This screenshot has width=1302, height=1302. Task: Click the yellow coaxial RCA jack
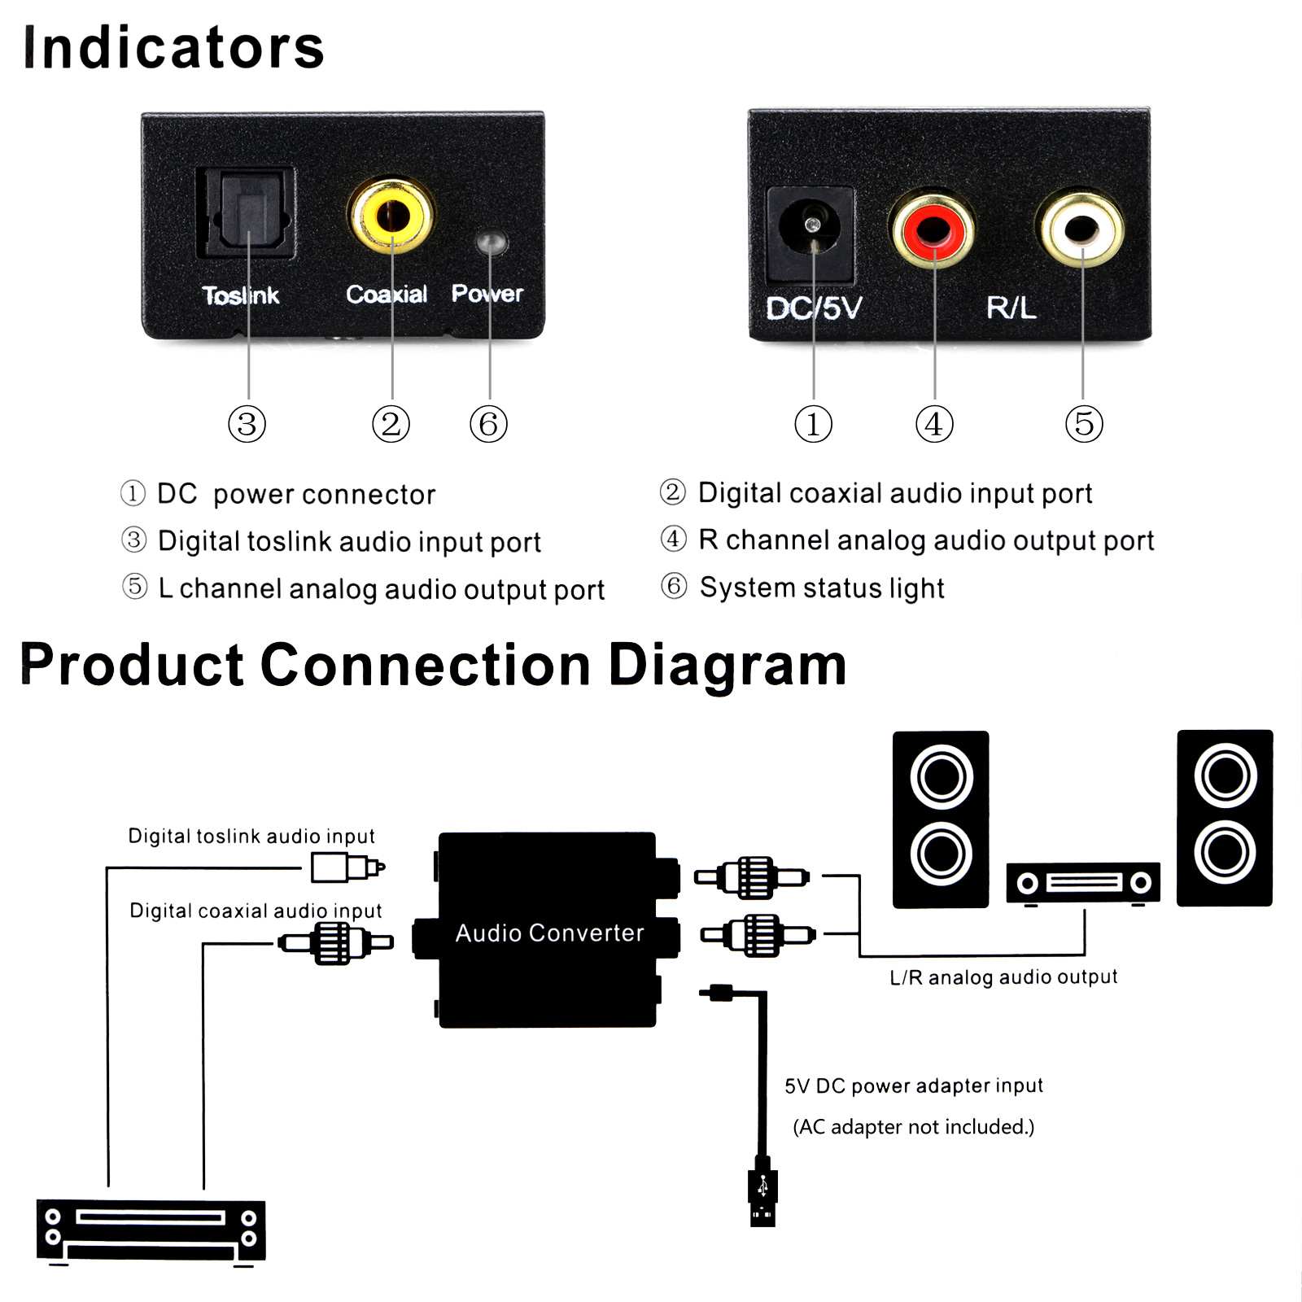coord(391,216)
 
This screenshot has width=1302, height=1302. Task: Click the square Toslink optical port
coord(246,213)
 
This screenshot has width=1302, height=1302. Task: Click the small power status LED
coord(490,242)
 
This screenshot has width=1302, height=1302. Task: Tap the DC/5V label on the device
coord(813,308)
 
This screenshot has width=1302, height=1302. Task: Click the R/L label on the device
coord(1011,308)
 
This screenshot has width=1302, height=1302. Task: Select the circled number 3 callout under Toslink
coord(247,424)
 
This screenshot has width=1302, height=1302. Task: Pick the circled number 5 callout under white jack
coord(1084,424)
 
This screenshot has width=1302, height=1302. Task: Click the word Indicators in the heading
coord(174,47)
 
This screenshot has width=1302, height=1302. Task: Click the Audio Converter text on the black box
coord(549,933)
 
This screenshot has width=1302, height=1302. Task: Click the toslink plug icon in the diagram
coord(347,867)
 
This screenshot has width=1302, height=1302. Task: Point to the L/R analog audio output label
coord(1003,976)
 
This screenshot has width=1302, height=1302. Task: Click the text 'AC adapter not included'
coord(913,1127)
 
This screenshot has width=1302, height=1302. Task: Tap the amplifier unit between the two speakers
coord(1083,883)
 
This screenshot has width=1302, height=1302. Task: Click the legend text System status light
coord(822,588)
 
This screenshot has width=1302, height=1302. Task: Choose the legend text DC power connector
coord(296,494)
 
